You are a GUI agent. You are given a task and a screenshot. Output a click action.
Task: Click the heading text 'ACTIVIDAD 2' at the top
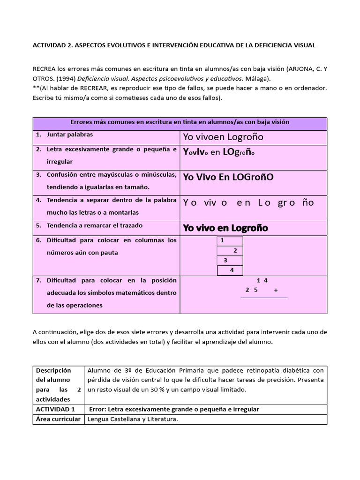51,45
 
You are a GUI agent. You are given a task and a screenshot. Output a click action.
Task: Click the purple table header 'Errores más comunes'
180,122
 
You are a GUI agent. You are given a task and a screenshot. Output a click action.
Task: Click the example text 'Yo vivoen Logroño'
223,137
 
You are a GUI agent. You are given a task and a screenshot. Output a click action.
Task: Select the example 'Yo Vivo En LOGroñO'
228,177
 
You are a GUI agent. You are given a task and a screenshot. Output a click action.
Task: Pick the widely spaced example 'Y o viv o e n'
248,202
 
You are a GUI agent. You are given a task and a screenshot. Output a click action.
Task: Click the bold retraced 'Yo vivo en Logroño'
225,228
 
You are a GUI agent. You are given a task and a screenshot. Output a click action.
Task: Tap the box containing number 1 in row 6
230,240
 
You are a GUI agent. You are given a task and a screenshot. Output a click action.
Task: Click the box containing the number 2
230,250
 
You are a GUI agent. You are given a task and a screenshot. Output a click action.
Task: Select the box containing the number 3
230,260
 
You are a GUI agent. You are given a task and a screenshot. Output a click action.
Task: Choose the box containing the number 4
230,270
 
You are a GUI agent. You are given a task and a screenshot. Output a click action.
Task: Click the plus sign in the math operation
276,290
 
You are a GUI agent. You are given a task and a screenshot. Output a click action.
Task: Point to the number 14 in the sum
262,280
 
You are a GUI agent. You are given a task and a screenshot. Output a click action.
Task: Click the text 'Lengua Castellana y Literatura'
133,419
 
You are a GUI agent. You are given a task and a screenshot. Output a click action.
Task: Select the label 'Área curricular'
58,419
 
